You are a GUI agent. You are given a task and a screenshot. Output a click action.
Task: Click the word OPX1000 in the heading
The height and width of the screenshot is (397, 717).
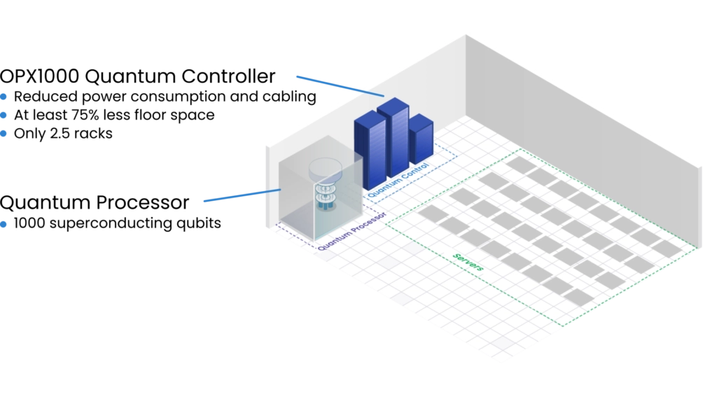coord(39,76)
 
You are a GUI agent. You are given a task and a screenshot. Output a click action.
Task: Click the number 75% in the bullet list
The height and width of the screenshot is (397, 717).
coord(88,115)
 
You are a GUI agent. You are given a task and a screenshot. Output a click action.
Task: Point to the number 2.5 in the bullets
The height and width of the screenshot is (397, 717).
coord(62,134)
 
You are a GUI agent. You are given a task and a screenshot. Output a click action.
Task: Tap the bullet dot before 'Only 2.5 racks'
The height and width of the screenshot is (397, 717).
coord(4,134)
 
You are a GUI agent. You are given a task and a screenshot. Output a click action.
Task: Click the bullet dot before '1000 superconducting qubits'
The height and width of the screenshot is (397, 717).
coord(4,224)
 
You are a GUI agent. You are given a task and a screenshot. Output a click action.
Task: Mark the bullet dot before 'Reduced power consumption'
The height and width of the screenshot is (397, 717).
coord(4,97)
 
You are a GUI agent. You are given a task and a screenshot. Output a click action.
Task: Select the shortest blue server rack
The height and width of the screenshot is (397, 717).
coord(421,139)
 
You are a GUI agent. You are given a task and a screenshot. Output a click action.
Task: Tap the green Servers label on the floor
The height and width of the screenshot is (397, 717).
coord(468,262)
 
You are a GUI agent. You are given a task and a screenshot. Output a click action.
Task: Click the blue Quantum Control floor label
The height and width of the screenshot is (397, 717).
coord(398,180)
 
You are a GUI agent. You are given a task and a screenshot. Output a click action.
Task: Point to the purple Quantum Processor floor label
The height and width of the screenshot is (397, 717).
coord(352,231)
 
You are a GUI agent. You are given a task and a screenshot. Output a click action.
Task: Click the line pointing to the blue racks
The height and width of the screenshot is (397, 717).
coord(340,86)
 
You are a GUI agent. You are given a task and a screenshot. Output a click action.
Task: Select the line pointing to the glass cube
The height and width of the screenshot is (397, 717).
coord(242,195)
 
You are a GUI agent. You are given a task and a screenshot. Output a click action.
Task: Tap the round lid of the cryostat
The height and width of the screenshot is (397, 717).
coord(325,169)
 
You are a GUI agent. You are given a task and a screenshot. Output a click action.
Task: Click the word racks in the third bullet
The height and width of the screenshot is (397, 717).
coord(95,134)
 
